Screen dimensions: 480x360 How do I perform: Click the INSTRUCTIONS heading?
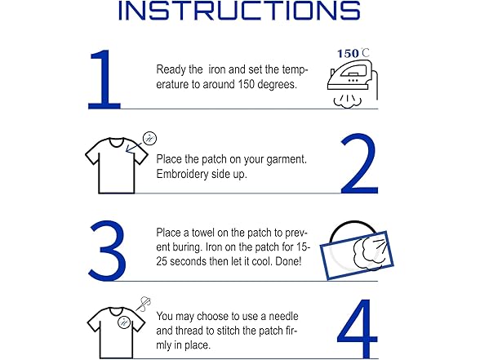click(x=239, y=11)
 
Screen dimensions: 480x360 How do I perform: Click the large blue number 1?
click(x=104, y=79)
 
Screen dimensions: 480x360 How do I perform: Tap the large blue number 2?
click(x=359, y=163)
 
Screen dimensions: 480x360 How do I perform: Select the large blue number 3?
click(x=107, y=250)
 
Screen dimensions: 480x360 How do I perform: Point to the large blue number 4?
click(x=358, y=328)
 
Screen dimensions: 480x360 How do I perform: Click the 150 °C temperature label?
click(x=353, y=53)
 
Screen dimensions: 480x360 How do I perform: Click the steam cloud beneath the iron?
click(x=348, y=101)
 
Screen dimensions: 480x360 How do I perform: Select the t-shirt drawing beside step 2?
click(x=116, y=166)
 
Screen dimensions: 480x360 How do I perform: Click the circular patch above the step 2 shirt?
click(x=149, y=139)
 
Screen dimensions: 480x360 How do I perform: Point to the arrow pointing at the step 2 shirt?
click(x=133, y=147)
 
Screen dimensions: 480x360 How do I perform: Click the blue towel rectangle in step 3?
click(x=357, y=256)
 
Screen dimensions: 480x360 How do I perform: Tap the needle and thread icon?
click(x=144, y=304)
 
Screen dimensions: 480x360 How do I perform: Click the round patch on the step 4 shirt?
click(x=124, y=322)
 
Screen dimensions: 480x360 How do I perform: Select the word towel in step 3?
click(x=203, y=233)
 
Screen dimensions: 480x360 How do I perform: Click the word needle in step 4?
click(x=283, y=316)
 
